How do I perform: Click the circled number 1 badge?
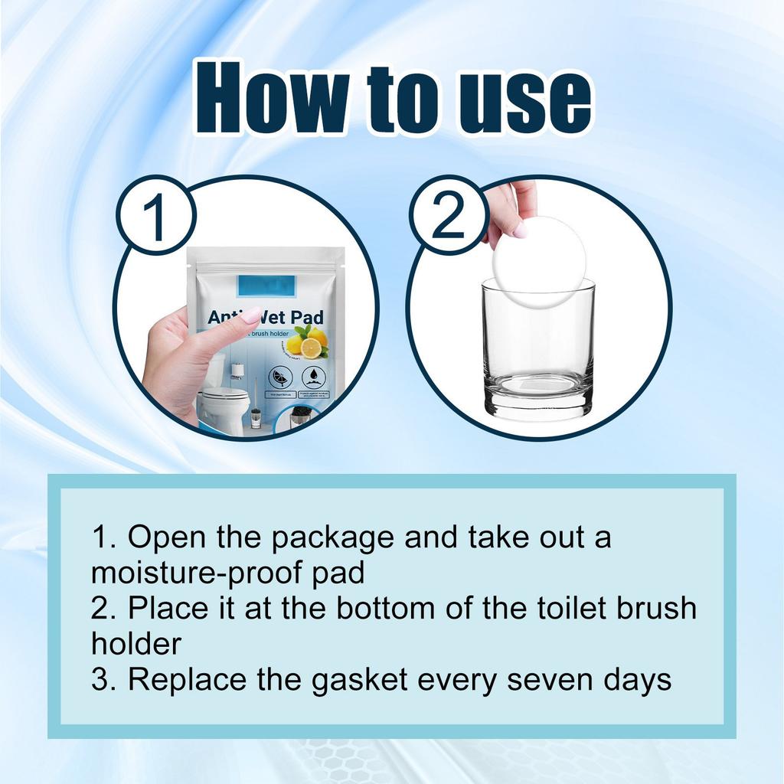tap(156, 217)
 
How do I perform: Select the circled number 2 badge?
tap(448, 216)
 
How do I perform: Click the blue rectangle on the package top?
tap(266, 286)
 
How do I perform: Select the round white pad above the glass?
tap(539, 261)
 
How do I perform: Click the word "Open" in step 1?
tap(162, 537)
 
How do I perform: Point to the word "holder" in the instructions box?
tap(136, 643)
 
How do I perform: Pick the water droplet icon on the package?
tap(313, 376)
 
